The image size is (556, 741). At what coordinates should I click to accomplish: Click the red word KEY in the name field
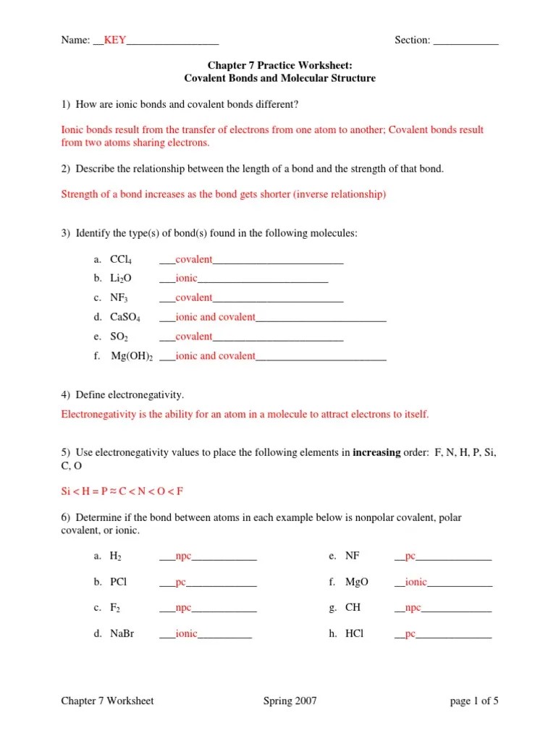tap(115, 41)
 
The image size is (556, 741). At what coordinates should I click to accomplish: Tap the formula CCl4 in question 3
tap(120, 260)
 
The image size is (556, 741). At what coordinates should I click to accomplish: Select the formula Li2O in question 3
tap(121, 279)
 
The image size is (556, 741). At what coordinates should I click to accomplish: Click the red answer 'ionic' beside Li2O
tap(186, 278)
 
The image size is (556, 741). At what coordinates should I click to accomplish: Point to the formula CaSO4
tap(125, 318)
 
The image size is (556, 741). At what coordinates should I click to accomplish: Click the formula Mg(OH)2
tap(131, 357)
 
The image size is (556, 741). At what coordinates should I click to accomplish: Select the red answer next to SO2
tap(193, 336)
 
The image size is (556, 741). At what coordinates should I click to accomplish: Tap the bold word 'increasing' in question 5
tap(376, 452)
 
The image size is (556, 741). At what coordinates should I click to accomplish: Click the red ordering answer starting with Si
tap(122, 491)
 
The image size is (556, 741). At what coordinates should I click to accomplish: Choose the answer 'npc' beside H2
tap(183, 556)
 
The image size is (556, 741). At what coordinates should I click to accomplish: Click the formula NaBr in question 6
tap(122, 634)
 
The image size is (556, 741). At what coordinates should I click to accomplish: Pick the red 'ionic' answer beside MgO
tap(416, 582)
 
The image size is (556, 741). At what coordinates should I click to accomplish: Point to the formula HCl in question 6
tap(355, 634)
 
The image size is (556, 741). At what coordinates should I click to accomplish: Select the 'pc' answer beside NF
tap(410, 556)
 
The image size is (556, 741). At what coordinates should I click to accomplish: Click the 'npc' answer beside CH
tap(413, 608)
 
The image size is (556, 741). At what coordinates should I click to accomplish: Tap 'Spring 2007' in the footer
tap(290, 701)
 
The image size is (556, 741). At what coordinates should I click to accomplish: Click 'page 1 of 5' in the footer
tap(474, 701)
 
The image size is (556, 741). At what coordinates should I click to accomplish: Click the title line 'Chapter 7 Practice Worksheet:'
tap(280, 66)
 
